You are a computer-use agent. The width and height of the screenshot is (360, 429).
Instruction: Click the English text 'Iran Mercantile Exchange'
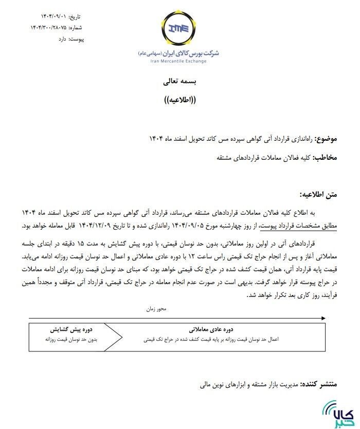(x=171, y=61)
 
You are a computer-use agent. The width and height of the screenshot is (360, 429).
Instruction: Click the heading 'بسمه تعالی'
(x=180, y=82)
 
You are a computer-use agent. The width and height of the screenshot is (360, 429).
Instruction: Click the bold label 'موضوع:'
(x=326, y=140)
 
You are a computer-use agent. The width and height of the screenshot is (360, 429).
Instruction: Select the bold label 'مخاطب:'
(x=326, y=158)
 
